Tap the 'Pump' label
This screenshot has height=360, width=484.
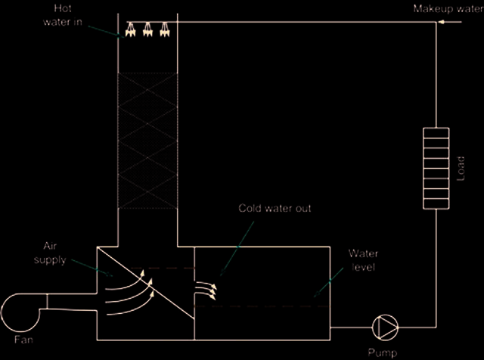click(x=383, y=352)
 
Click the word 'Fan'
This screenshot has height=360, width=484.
click(x=23, y=340)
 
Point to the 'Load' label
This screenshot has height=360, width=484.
click(x=461, y=169)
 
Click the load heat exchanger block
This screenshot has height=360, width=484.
click(x=436, y=168)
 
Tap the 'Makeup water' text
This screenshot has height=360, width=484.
click(x=448, y=8)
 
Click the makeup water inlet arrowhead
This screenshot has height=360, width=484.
click(x=442, y=22)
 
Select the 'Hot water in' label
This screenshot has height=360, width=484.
click(x=63, y=15)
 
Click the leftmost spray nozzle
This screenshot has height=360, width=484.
click(x=131, y=29)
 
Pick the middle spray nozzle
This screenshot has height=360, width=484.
click(x=147, y=29)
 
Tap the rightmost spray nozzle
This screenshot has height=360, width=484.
click(x=165, y=29)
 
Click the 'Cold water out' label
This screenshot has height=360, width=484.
click(x=275, y=209)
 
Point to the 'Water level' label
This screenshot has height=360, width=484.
click(x=363, y=260)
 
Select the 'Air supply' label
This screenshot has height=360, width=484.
click(x=50, y=253)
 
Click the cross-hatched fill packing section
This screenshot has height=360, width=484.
click(x=147, y=141)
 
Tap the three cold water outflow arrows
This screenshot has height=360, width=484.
click(x=206, y=290)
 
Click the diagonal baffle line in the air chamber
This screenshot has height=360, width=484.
click(x=145, y=283)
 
